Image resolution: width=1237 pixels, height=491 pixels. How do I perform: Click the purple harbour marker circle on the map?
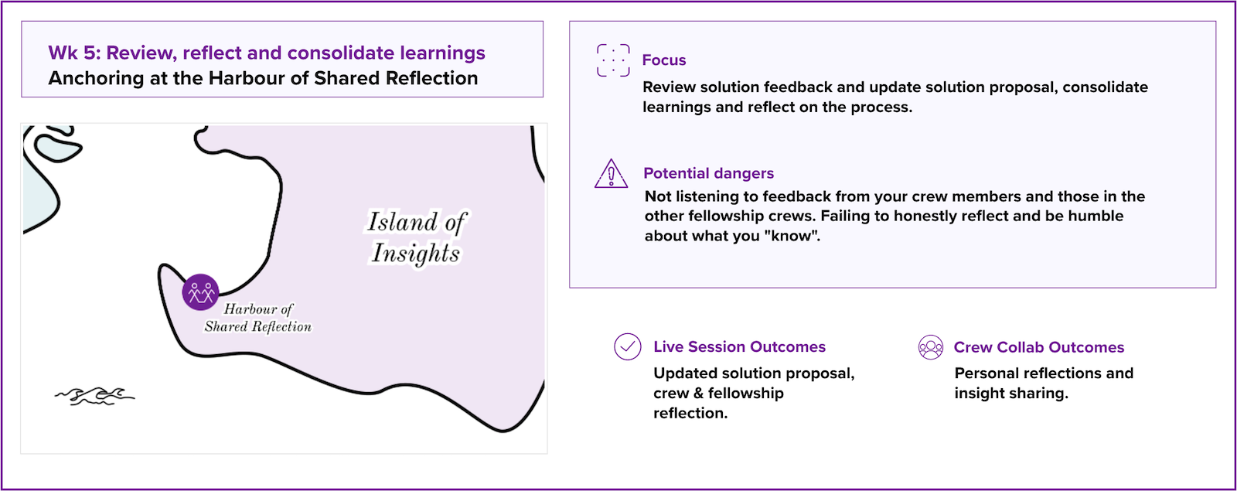[200, 292]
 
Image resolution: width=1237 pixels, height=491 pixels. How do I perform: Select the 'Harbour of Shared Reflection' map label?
[258, 318]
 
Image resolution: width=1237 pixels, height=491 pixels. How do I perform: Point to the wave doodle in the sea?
[94, 395]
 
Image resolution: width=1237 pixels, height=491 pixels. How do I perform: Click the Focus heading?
[664, 60]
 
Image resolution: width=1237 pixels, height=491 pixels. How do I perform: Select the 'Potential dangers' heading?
[708, 173]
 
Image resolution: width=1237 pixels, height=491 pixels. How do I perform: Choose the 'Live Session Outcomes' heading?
[739, 346]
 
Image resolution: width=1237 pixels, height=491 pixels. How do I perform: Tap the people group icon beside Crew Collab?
[931, 347]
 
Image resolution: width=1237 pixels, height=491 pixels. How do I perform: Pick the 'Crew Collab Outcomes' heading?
[1039, 347]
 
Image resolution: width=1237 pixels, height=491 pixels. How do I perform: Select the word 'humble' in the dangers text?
[1096, 216]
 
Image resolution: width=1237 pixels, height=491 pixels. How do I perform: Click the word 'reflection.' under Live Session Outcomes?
[690, 413]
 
